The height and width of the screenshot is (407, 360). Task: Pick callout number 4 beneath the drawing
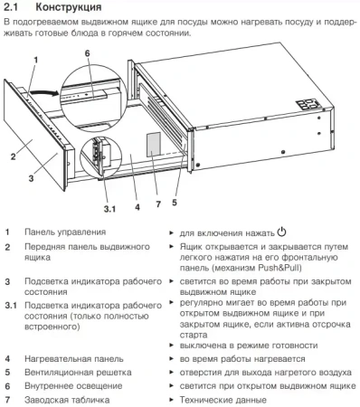[x=136, y=206]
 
